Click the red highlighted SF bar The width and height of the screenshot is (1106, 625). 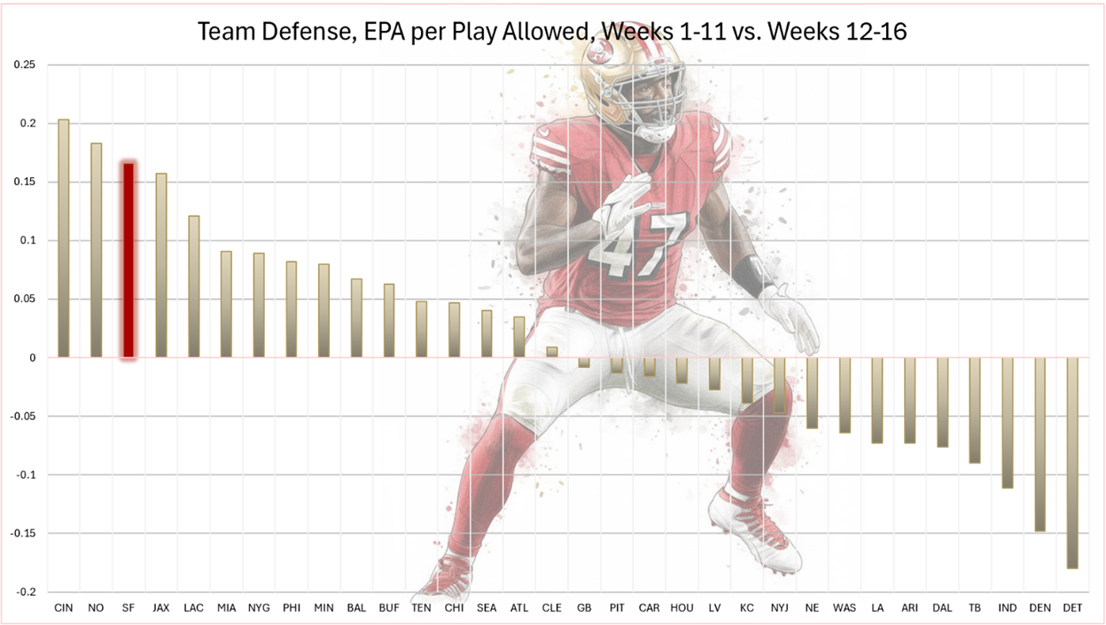pyautogui.click(x=129, y=261)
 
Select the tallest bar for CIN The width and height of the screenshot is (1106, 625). pyautogui.click(x=63, y=238)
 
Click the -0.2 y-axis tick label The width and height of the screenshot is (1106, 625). pyautogui.click(x=24, y=592)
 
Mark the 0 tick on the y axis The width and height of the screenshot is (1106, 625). pyautogui.click(x=32, y=358)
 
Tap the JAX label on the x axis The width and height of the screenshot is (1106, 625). pyautogui.click(x=160, y=608)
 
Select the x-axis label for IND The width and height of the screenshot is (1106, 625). pyautogui.click(x=1007, y=608)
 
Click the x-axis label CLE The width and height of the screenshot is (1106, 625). pyautogui.click(x=552, y=608)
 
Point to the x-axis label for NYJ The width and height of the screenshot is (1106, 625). pyautogui.click(x=779, y=608)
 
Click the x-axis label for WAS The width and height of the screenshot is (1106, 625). pyautogui.click(x=845, y=608)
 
